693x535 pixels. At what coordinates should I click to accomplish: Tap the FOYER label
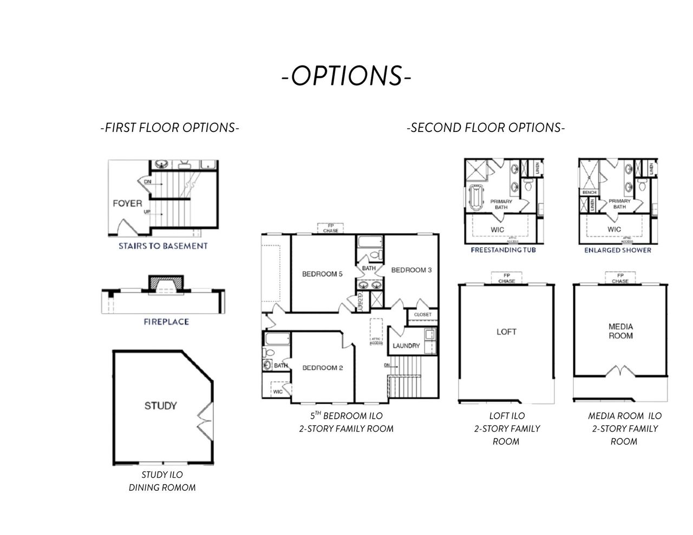coord(127,203)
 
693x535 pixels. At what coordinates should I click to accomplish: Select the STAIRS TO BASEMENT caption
coord(163,246)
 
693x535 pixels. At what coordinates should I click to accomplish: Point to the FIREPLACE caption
coord(166,321)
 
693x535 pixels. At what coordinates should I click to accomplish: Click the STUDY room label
coord(160,405)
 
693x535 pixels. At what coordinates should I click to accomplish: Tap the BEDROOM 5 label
coord(322,274)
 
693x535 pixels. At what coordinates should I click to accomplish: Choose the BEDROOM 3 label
coord(411,270)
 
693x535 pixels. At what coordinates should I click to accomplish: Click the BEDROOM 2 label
coord(323,368)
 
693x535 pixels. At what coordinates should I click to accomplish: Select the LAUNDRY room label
coord(406,346)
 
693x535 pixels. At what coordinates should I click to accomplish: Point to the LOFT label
coord(506,332)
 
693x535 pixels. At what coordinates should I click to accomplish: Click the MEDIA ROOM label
coord(620,331)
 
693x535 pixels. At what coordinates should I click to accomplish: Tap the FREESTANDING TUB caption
coord(504,250)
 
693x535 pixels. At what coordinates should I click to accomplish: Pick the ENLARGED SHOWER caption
coord(618,250)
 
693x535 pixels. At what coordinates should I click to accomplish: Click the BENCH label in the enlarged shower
coord(589,193)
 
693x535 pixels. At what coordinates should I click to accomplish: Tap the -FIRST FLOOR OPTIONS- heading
coord(169,128)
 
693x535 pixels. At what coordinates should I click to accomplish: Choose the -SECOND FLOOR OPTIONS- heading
coord(486,128)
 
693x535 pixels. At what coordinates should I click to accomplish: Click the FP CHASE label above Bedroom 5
coord(330,228)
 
